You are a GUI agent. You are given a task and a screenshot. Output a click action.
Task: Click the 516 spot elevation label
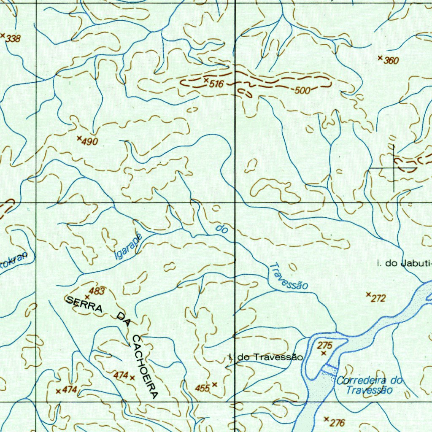point(216,84)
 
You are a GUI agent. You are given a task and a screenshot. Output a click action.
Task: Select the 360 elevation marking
point(391,61)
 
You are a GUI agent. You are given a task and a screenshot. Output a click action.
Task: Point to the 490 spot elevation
point(89,142)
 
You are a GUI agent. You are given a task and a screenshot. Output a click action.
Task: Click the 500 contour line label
point(302,90)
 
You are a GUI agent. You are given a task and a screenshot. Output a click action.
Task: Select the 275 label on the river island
point(325,346)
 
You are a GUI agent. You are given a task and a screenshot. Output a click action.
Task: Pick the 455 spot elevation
point(202,388)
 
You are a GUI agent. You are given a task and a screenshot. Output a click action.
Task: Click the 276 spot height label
point(338,423)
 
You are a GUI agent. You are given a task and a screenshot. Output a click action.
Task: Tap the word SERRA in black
point(84,304)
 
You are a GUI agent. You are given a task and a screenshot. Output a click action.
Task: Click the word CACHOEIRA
point(145,367)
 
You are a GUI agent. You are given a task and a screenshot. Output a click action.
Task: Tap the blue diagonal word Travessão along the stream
point(289,277)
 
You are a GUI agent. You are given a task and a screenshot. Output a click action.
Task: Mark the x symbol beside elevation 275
point(324,353)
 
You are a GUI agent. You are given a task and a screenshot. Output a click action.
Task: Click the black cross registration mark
point(394,168)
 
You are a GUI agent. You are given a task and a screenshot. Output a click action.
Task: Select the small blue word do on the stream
point(222,229)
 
